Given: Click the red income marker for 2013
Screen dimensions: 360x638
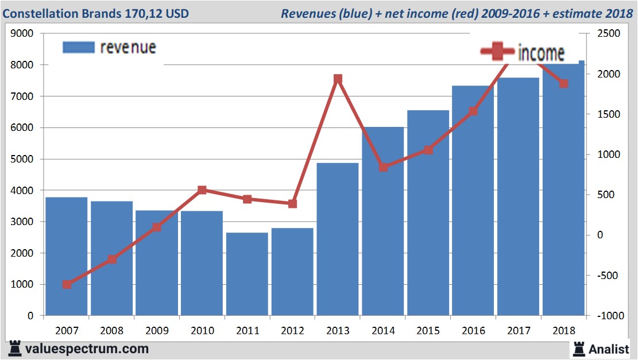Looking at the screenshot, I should click(x=338, y=79).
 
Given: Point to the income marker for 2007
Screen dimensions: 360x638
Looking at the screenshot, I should click(x=67, y=284).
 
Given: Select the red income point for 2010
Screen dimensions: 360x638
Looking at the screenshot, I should click(x=202, y=190).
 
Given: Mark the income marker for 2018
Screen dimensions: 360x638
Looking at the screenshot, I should click(x=563, y=84).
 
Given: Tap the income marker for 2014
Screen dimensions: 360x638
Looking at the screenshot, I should click(x=383, y=167).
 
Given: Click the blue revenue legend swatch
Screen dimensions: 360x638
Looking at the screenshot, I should click(x=78, y=48).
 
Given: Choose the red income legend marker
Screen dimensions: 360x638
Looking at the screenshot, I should click(x=498, y=52).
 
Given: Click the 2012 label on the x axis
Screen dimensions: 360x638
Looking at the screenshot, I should click(x=292, y=331).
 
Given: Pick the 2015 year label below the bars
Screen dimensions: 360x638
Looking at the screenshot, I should click(x=428, y=331).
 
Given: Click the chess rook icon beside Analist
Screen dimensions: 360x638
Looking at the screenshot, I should click(x=579, y=348).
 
